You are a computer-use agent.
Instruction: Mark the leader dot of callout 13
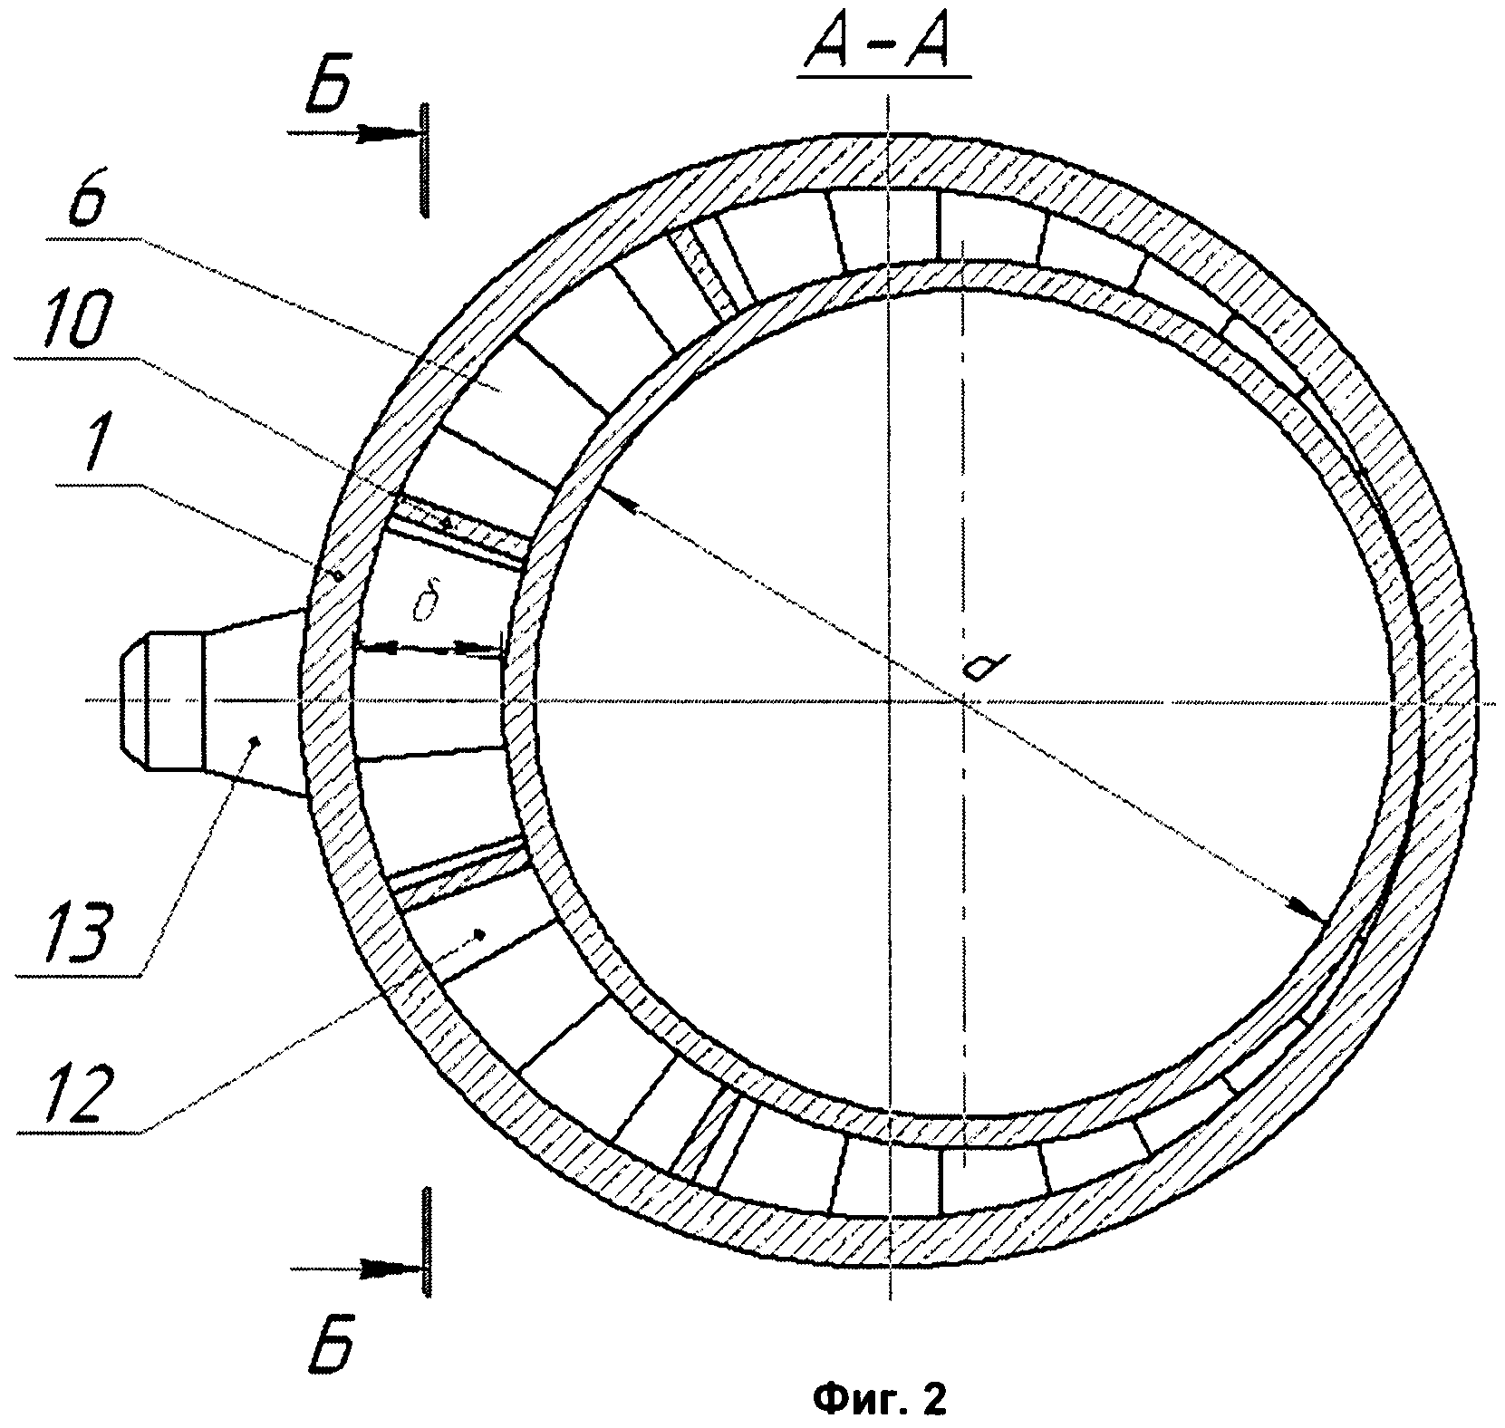click(255, 741)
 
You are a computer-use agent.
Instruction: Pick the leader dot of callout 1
click(337, 574)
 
